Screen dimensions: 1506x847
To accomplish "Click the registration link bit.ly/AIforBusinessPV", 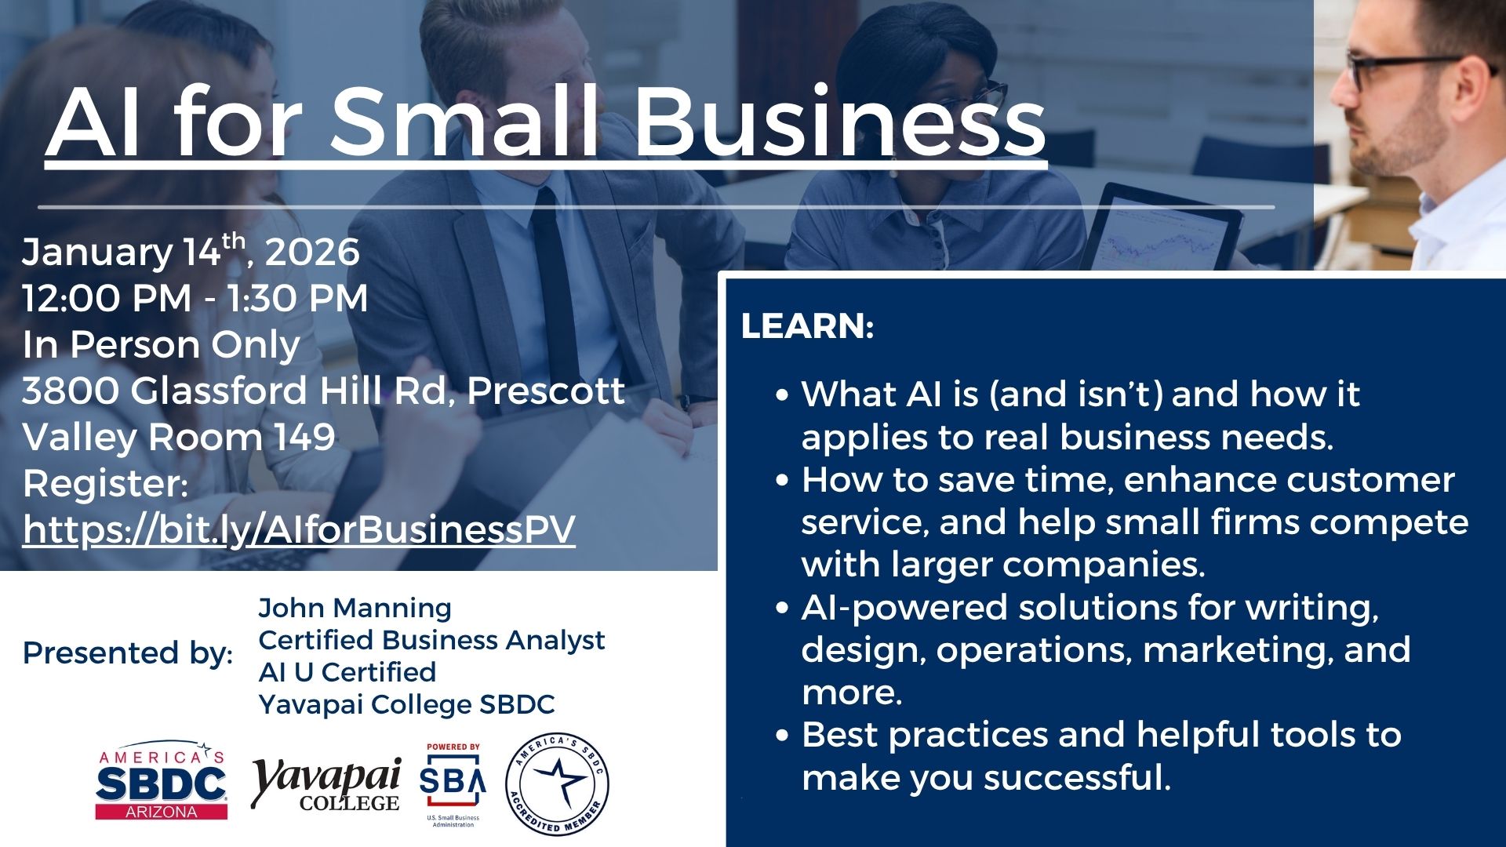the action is click(x=299, y=530).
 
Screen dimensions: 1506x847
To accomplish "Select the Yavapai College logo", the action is click(x=326, y=784).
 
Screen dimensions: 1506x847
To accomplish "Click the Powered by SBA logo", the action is click(x=453, y=785).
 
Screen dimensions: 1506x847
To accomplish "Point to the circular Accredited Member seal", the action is click(x=557, y=784).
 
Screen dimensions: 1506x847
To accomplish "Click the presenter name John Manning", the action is click(x=355, y=608).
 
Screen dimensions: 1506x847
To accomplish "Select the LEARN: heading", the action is click(x=807, y=326).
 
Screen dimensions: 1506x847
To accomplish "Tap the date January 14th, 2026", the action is click(x=191, y=251).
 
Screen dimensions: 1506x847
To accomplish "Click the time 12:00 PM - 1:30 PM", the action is click(x=195, y=298).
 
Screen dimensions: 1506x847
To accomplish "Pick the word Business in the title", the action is click(x=840, y=122).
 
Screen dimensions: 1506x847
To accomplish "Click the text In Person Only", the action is click(x=161, y=345).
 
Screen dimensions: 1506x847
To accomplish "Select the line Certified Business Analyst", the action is click(x=431, y=641).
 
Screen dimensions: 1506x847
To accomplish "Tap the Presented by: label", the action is click(x=128, y=653).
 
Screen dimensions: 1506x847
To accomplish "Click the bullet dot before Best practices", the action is click(x=781, y=736).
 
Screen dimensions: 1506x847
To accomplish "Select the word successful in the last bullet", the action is click(x=1077, y=778).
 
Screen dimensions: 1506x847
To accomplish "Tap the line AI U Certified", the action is click(x=347, y=672).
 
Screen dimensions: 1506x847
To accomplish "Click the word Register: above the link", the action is click(x=105, y=484).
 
